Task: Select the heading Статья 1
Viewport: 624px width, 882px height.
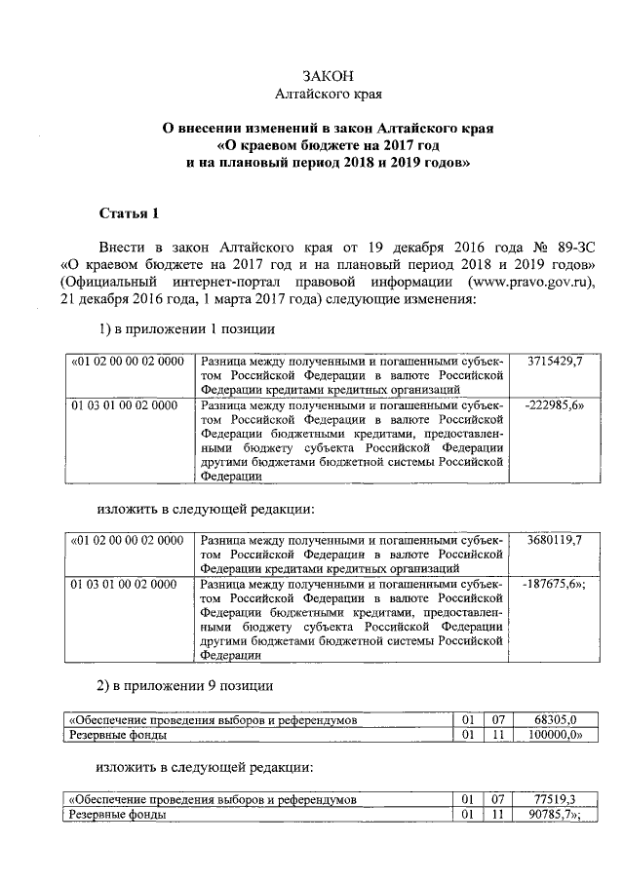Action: coord(127,214)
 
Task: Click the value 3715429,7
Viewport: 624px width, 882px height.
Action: coord(554,362)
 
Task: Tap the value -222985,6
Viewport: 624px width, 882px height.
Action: coord(554,404)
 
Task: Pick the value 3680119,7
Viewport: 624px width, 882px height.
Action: coord(554,540)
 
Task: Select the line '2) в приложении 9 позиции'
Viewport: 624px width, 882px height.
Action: coord(186,685)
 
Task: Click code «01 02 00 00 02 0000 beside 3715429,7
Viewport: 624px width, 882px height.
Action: coord(128,362)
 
